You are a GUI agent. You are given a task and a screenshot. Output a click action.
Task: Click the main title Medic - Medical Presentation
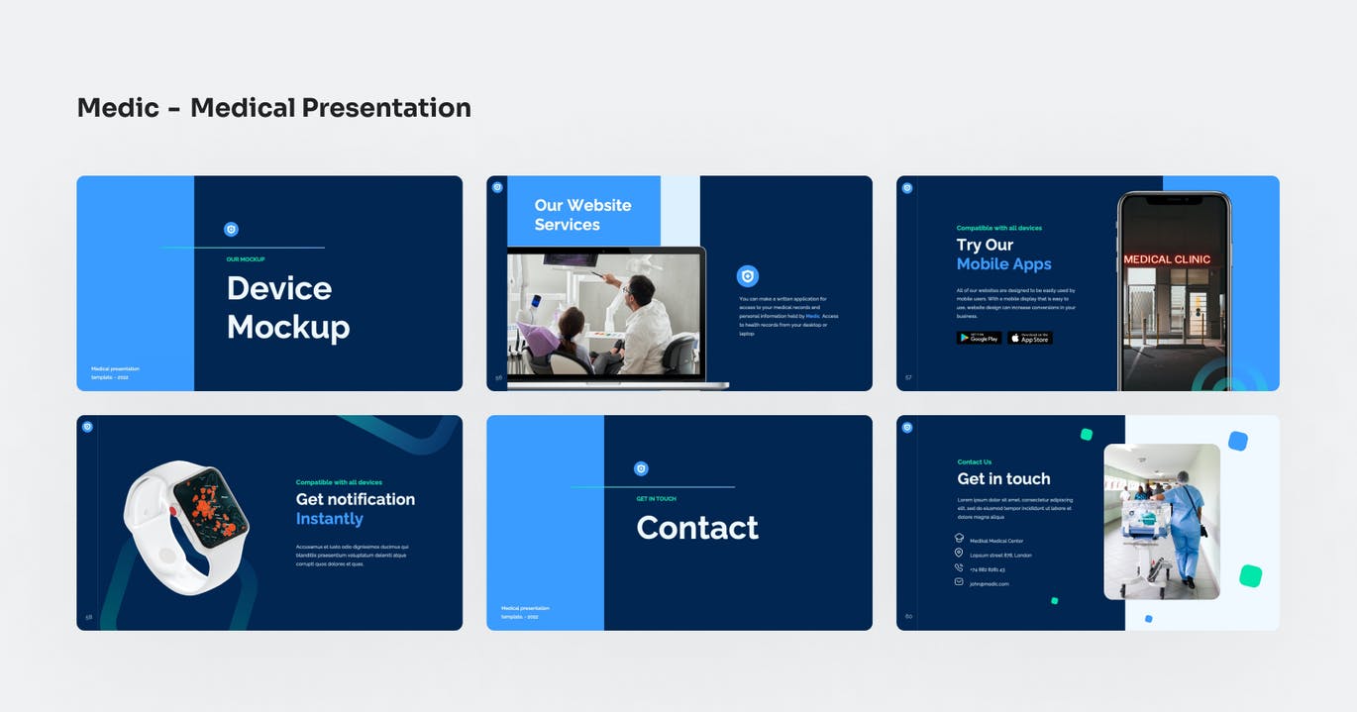[x=273, y=107]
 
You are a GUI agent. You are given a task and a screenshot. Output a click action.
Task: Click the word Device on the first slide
[x=279, y=288]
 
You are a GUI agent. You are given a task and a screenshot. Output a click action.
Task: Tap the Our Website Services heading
[x=582, y=215]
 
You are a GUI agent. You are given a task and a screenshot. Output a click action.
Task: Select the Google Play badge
[x=979, y=338]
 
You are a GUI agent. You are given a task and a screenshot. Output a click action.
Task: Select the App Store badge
[x=1030, y=338]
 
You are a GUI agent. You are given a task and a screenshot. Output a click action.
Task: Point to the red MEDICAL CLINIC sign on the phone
[x=1167, y=259]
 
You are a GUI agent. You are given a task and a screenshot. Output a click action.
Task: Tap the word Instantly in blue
[x=330, y=519]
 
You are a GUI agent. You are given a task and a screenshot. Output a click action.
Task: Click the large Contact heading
[x=697, y=528]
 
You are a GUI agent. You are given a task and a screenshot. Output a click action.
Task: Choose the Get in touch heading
[x=1003, y=479]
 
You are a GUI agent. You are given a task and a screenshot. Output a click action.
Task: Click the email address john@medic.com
[x=989, y=583]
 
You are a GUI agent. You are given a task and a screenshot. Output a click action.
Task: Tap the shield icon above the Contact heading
[x=641, y=468]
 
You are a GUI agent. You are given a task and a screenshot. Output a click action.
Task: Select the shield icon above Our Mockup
[x=231, y=229]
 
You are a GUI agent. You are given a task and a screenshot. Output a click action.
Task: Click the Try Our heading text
[x=985, y=245]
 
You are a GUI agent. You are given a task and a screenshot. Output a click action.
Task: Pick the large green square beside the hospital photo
[x=1250, y=575]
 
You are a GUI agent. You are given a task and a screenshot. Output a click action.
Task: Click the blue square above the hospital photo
[x=1237, y=441]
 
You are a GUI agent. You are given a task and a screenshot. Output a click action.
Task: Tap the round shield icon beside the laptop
[x=748, y=276]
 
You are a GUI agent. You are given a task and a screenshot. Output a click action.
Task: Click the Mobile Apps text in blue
[x=1003, y=264]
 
